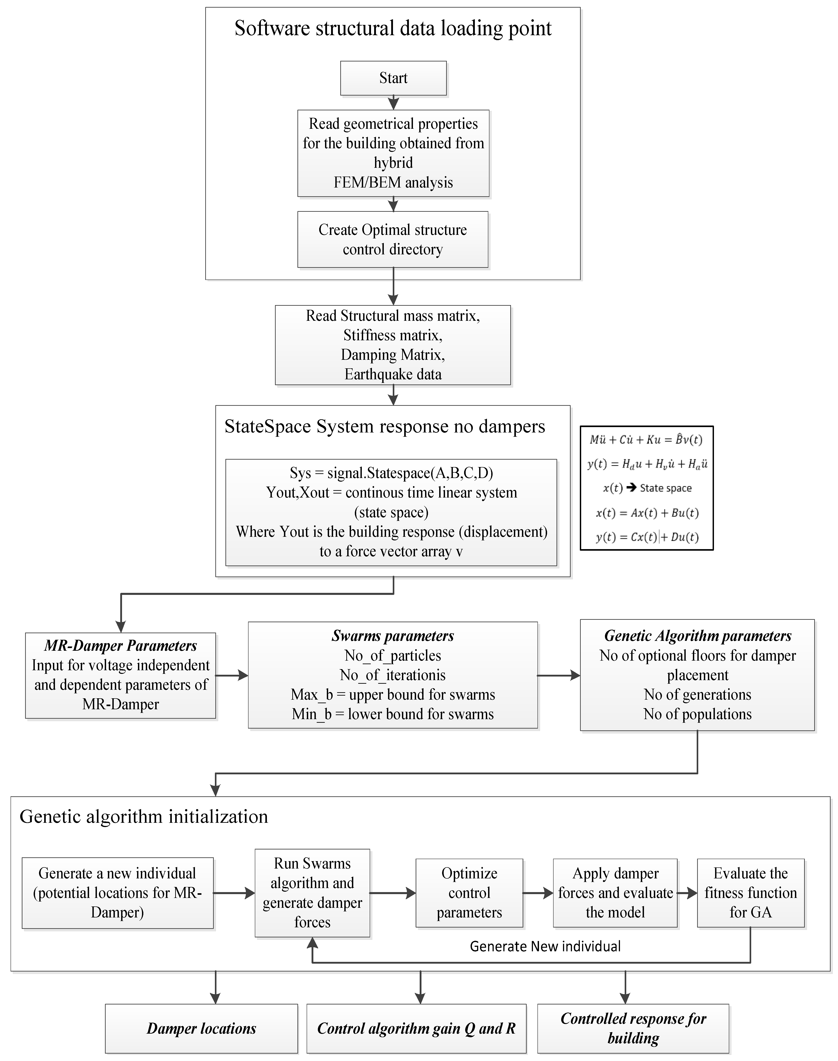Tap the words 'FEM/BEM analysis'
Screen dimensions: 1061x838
(x=393, y=182)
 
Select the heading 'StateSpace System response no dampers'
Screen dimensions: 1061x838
(x=385, y=426)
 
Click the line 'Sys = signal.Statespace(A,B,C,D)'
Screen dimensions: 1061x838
(x=391, y=473)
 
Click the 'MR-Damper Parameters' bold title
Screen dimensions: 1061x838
(x=121, y=646)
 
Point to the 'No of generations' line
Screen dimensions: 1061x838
(x=697, y=694)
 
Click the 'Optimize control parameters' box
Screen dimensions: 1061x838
(x=469, y=893)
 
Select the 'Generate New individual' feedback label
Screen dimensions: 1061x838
(x=545, y=946)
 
